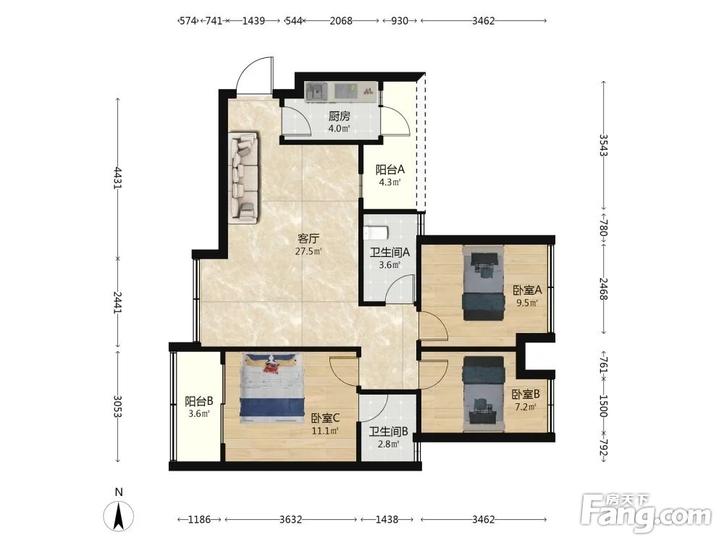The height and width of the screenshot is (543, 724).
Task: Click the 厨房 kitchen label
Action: pyautogui.click(x=340, y=117)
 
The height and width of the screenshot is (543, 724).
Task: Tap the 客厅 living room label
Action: pyautogui.click(x=308, y=239)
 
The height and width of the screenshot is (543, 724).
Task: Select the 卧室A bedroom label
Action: pyautogui.click(x=527, y=290)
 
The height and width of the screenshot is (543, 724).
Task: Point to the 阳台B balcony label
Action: pyautogui.click(x=198, y=401)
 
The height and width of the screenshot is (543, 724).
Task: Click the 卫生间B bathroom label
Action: pyautogui.click(x=388, y=432)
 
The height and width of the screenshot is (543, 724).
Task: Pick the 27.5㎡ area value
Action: pyautogui.click(x=308, y=252)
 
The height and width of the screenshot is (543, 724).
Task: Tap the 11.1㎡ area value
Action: pyautogui.click(x=325, y=432)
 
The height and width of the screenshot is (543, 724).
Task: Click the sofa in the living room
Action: pyautogui.click(x=243, y=178)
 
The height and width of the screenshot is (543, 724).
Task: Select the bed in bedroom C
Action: pyautogui.click(x=271, y=388)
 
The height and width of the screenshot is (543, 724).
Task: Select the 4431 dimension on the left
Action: pyautogui.click(x=118, y=178)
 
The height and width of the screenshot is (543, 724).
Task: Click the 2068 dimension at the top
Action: pyautogui.click(x=341, y=21)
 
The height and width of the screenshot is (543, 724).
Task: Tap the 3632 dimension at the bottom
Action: pyautogui.click(x=291, y=519)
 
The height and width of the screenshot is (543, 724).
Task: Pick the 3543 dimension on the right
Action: pyautogui.click(x=603, y=145)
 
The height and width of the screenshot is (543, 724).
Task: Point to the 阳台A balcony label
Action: pyautogui.click(x=390, y=169)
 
